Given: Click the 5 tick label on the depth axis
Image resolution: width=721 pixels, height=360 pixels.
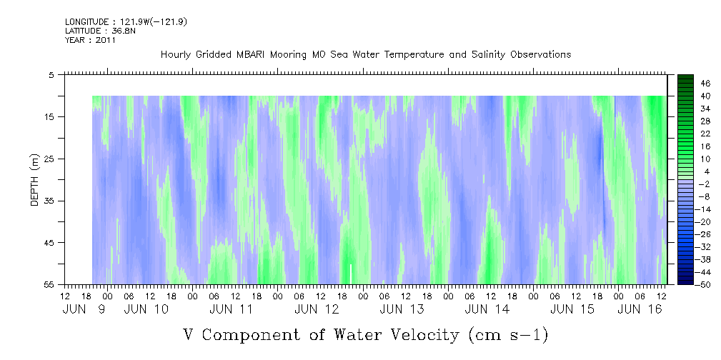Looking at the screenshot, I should tap(51, 74).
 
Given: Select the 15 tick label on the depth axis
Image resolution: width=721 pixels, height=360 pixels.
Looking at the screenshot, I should tap(49, 116).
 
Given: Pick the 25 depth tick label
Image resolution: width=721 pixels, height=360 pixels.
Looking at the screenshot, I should tap(49, 159).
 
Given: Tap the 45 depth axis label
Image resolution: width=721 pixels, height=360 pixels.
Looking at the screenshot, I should tap(49, 243).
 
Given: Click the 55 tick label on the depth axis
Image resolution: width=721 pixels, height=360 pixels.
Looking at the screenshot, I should tap(49, 284).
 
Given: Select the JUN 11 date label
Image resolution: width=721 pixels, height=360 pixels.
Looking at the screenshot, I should tap(232, 309).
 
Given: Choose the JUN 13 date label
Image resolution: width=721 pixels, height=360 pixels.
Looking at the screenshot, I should tap(402, 309).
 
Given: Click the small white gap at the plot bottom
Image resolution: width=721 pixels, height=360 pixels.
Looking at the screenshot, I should tap(351, 273).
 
